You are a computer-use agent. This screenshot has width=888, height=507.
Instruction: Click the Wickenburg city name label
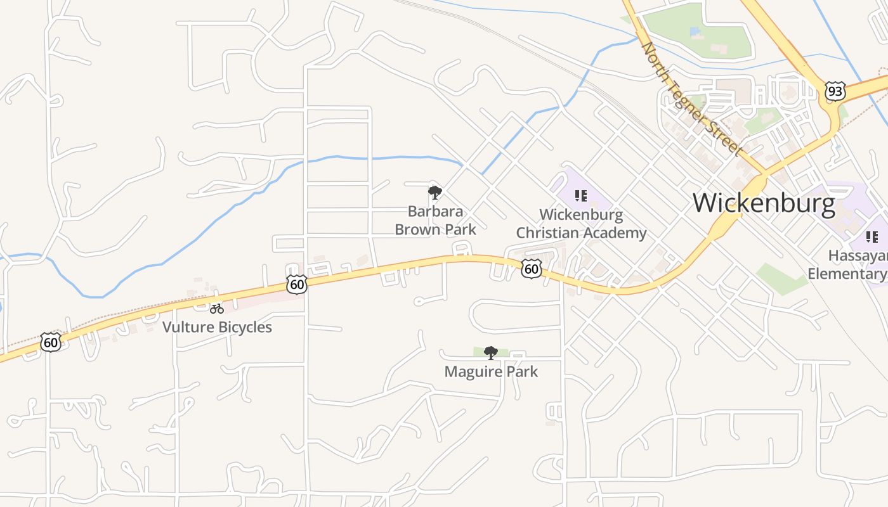[764, 203]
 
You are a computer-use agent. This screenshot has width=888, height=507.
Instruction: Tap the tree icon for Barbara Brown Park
[434, 192]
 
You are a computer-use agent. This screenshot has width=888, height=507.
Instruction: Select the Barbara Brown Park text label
[435, 220]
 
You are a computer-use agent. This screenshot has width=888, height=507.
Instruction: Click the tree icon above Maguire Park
[490, 352]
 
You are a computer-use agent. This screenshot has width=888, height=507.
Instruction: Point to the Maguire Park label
[491, 371]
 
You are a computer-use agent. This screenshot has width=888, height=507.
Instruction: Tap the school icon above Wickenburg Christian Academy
[580, 196]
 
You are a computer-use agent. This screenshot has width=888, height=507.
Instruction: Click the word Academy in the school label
[615, 233]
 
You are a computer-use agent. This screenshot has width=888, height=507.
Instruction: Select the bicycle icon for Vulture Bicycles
[217, 309]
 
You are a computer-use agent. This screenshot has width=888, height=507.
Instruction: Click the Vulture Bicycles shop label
[217, 327]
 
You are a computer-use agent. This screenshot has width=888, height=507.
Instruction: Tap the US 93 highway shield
[835, 91]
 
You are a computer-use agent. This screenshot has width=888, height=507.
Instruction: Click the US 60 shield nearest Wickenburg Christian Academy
[532, 269]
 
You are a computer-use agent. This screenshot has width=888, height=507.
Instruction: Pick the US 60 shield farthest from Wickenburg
[51, 342]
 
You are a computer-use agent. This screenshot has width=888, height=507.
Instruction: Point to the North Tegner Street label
[691, 99]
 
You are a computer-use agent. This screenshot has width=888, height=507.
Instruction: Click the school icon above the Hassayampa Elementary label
[872, 237]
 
